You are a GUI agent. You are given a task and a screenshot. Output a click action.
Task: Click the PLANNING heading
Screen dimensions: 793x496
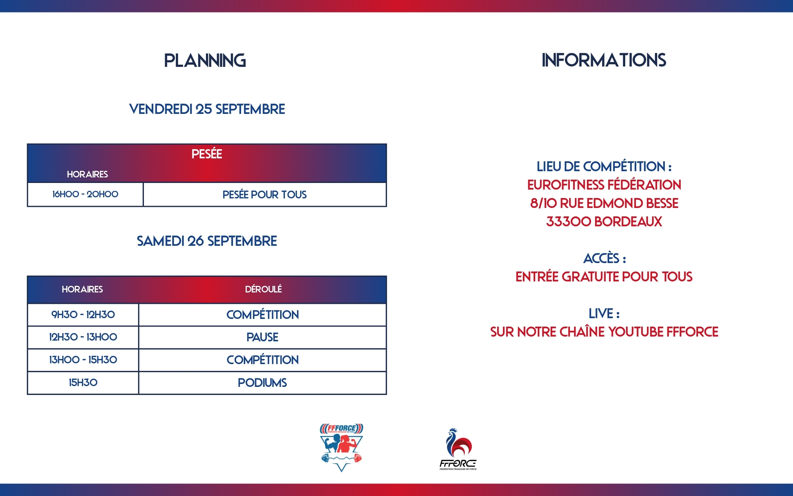click(x=205, y=61)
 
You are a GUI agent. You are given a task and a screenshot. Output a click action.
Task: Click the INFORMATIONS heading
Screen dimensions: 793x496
click(x=604, y=60)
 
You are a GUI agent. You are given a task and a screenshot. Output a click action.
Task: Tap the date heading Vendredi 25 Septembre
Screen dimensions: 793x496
click(x=207, y=109)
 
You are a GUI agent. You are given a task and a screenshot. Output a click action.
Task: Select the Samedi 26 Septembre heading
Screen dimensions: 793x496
click(x=207, y=241)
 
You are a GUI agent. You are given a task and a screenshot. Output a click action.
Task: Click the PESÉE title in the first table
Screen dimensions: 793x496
click(x=207, y=154)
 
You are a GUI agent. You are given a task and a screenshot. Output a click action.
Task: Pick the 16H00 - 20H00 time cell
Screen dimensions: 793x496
click(x=85, y=194)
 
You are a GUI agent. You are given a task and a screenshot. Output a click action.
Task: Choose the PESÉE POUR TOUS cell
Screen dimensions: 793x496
click(x=264, y=194)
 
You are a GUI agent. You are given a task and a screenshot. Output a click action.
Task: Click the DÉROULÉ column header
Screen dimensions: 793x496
click(x=263, y=289)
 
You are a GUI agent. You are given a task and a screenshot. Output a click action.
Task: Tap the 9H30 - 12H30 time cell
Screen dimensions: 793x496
click(x=83, y=315)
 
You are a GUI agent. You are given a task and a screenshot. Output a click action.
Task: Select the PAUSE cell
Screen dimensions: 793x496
click(x=262, y=337)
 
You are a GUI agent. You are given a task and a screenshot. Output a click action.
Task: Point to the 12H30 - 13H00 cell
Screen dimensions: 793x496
click(x=83, y=337)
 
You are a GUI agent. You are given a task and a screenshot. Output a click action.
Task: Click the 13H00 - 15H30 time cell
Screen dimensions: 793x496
click(x=83, y=360)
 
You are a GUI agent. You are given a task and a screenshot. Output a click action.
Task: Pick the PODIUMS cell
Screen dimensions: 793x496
click(x=262, y=383)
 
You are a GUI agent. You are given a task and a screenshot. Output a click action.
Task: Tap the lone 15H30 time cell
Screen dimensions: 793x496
click(x=83, y=382)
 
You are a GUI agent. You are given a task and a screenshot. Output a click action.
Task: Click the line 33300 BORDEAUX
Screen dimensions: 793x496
click(x=604, y=222)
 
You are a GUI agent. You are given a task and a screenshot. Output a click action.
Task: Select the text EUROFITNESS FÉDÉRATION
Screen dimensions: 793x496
click(x=604, y=184)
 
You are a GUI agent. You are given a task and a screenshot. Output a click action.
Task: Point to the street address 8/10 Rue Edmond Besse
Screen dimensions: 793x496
click(x=604, y=203)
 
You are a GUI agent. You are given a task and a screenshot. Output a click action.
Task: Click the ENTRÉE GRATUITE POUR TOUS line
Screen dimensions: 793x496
click(x=604, y=276)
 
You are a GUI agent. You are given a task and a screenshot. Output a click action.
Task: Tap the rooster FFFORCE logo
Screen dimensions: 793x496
click(x=458, y=449)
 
